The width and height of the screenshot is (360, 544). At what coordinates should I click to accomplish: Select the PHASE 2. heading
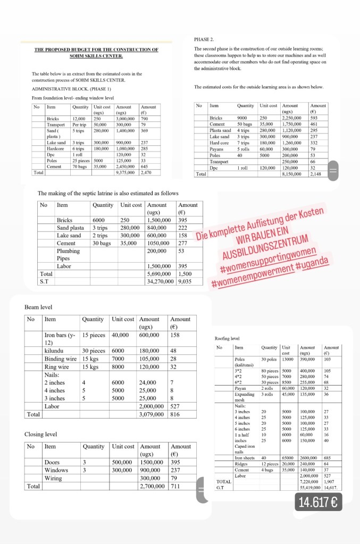click(x=204, y=39)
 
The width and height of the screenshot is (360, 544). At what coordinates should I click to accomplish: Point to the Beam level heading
click(x=38, y=307)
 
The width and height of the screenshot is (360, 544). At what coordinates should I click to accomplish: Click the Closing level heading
click(x=41, y=434)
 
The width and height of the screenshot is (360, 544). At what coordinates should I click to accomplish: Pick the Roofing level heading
click(x=227, y=338)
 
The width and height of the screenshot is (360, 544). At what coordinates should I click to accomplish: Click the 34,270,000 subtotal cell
click(x=161, y=281)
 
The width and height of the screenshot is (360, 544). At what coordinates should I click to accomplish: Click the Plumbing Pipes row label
click(x=68, y=254)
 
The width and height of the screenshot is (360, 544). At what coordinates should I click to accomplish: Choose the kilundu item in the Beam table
click(x=55, y=350)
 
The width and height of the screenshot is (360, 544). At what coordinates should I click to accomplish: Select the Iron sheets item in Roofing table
click(x=245, y=457)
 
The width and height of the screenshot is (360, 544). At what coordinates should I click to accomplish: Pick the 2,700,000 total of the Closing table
click(x=152, y=486)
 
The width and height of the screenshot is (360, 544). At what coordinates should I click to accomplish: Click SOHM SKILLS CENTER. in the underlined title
click(x=96, y=56)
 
